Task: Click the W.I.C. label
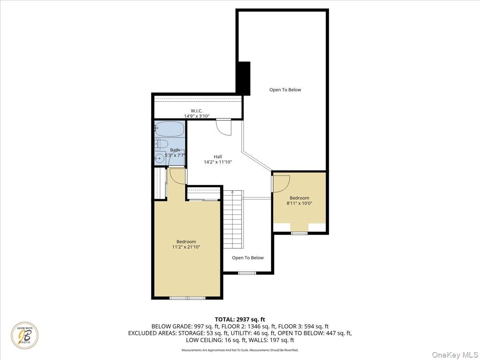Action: point(196,111)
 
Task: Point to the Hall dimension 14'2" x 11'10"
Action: point(218,162)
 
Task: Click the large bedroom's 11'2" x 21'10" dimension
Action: point(186,247)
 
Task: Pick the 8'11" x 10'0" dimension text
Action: point(299,203)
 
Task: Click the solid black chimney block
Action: point(244,78)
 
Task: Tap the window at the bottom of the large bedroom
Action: point(188,298)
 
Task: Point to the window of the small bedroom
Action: point(299,233)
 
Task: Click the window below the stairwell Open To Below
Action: point(247,273)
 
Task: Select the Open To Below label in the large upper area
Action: point(285,90)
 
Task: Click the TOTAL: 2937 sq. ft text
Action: point(240,319)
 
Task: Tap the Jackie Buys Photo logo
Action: point(25,335)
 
